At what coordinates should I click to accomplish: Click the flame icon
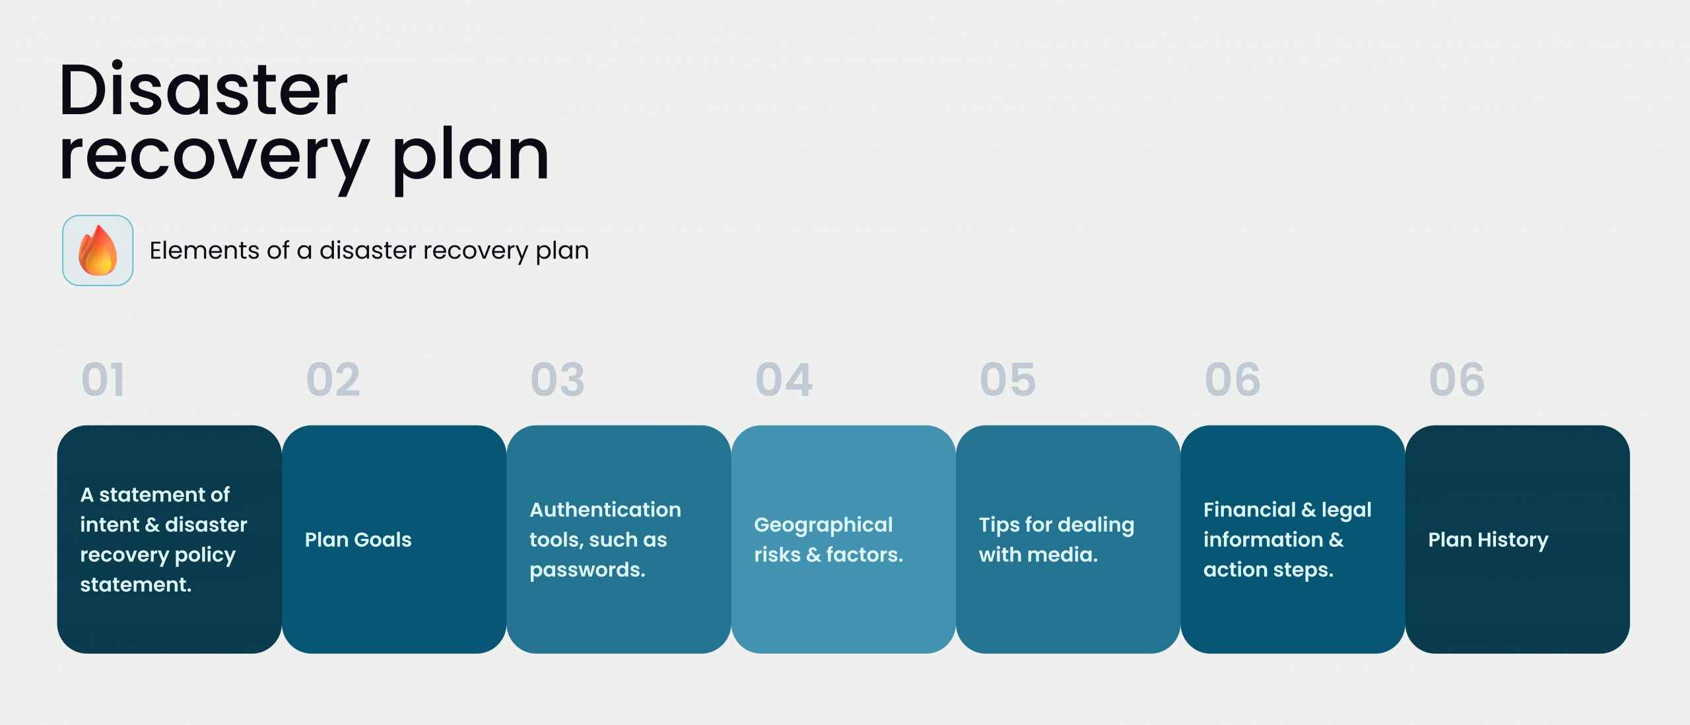[98, 250]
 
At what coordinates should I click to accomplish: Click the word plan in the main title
[470, 158]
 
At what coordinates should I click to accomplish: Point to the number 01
[103, 380]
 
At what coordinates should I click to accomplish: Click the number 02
[333, 380]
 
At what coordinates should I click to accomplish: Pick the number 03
[558, 380]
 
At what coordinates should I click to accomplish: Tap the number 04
[784, 380]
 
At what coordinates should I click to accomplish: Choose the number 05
[1008, 380]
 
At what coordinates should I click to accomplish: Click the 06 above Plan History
[1457, 380]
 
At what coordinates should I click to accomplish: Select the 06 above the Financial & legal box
[1233, 380]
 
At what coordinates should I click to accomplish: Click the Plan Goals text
[358, 540]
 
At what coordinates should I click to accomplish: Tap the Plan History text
[1488, 540]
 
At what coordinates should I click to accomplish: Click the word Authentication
[605, 509]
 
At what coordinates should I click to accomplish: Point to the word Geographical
[823, 526]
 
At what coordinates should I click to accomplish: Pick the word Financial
[1250, 509]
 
